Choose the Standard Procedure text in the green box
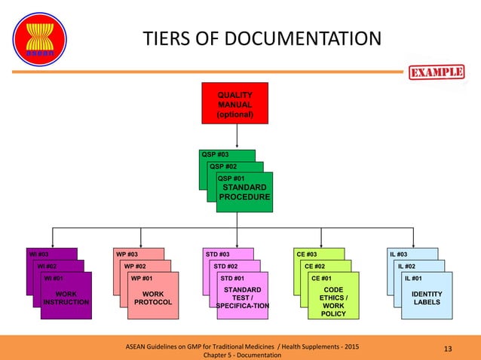[x=243, y=192]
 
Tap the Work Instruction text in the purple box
[x=66, y=297]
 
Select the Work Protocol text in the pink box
[x=153, y=297]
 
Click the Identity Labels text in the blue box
[x=427, y=297]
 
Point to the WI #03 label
[x=38, y=254]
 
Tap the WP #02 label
[x=135, y=266]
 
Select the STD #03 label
[x=218, y=254]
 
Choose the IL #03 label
[x=399, y=254]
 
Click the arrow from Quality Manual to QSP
[x=237, y=136]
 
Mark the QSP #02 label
[x=222, y=166]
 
